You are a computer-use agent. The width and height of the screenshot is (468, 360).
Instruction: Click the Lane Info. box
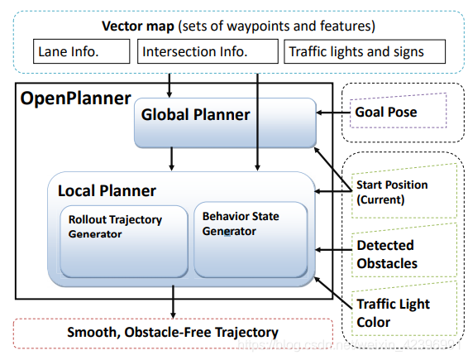82,51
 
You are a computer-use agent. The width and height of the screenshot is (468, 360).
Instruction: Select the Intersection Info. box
207,51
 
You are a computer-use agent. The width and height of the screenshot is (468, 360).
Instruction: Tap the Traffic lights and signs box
365,51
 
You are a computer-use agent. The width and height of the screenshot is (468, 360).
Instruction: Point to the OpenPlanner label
75,98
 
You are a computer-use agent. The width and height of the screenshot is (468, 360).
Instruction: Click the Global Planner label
195,115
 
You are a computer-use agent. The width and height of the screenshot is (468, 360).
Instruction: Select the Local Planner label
107,190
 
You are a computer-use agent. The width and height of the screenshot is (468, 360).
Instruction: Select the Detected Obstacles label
386,254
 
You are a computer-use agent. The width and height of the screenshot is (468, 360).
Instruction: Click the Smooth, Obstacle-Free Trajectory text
172,333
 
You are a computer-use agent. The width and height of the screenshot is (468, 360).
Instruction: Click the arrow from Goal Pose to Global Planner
332,113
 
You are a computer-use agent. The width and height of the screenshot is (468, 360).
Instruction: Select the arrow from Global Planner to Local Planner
171,159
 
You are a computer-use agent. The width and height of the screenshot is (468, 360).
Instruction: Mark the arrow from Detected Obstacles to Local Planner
332,247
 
